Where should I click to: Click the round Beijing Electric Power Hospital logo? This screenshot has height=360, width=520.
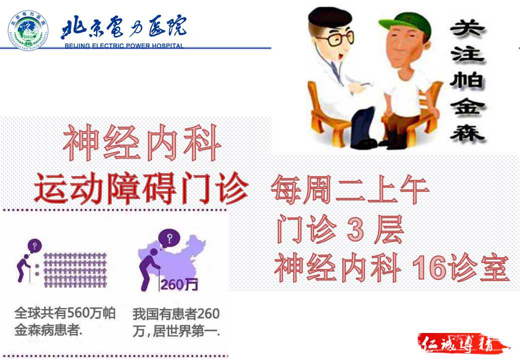click(x=28, y=30)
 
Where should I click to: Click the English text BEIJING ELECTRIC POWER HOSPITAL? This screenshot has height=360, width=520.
click(x=124, y=45)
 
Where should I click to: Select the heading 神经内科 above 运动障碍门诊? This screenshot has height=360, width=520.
click(x=142, y=142)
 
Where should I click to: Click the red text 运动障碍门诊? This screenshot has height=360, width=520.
click(x=141, y=188)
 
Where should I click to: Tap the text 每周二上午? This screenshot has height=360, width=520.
click(x=350, y=189)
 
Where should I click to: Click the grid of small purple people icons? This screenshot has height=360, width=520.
click(x=75, y=270)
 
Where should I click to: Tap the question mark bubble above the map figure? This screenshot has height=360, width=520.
click(x=169, y=238)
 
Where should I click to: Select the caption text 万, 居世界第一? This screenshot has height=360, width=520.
click(x=176, y=331)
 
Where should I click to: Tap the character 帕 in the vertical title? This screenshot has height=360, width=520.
click(x=467, y=80)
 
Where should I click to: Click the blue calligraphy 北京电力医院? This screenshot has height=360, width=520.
click(x=123, y=27)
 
